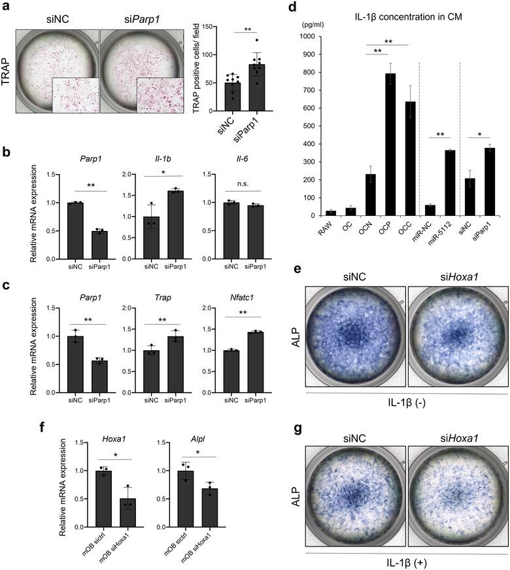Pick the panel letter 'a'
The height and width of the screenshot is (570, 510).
(5, 8)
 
